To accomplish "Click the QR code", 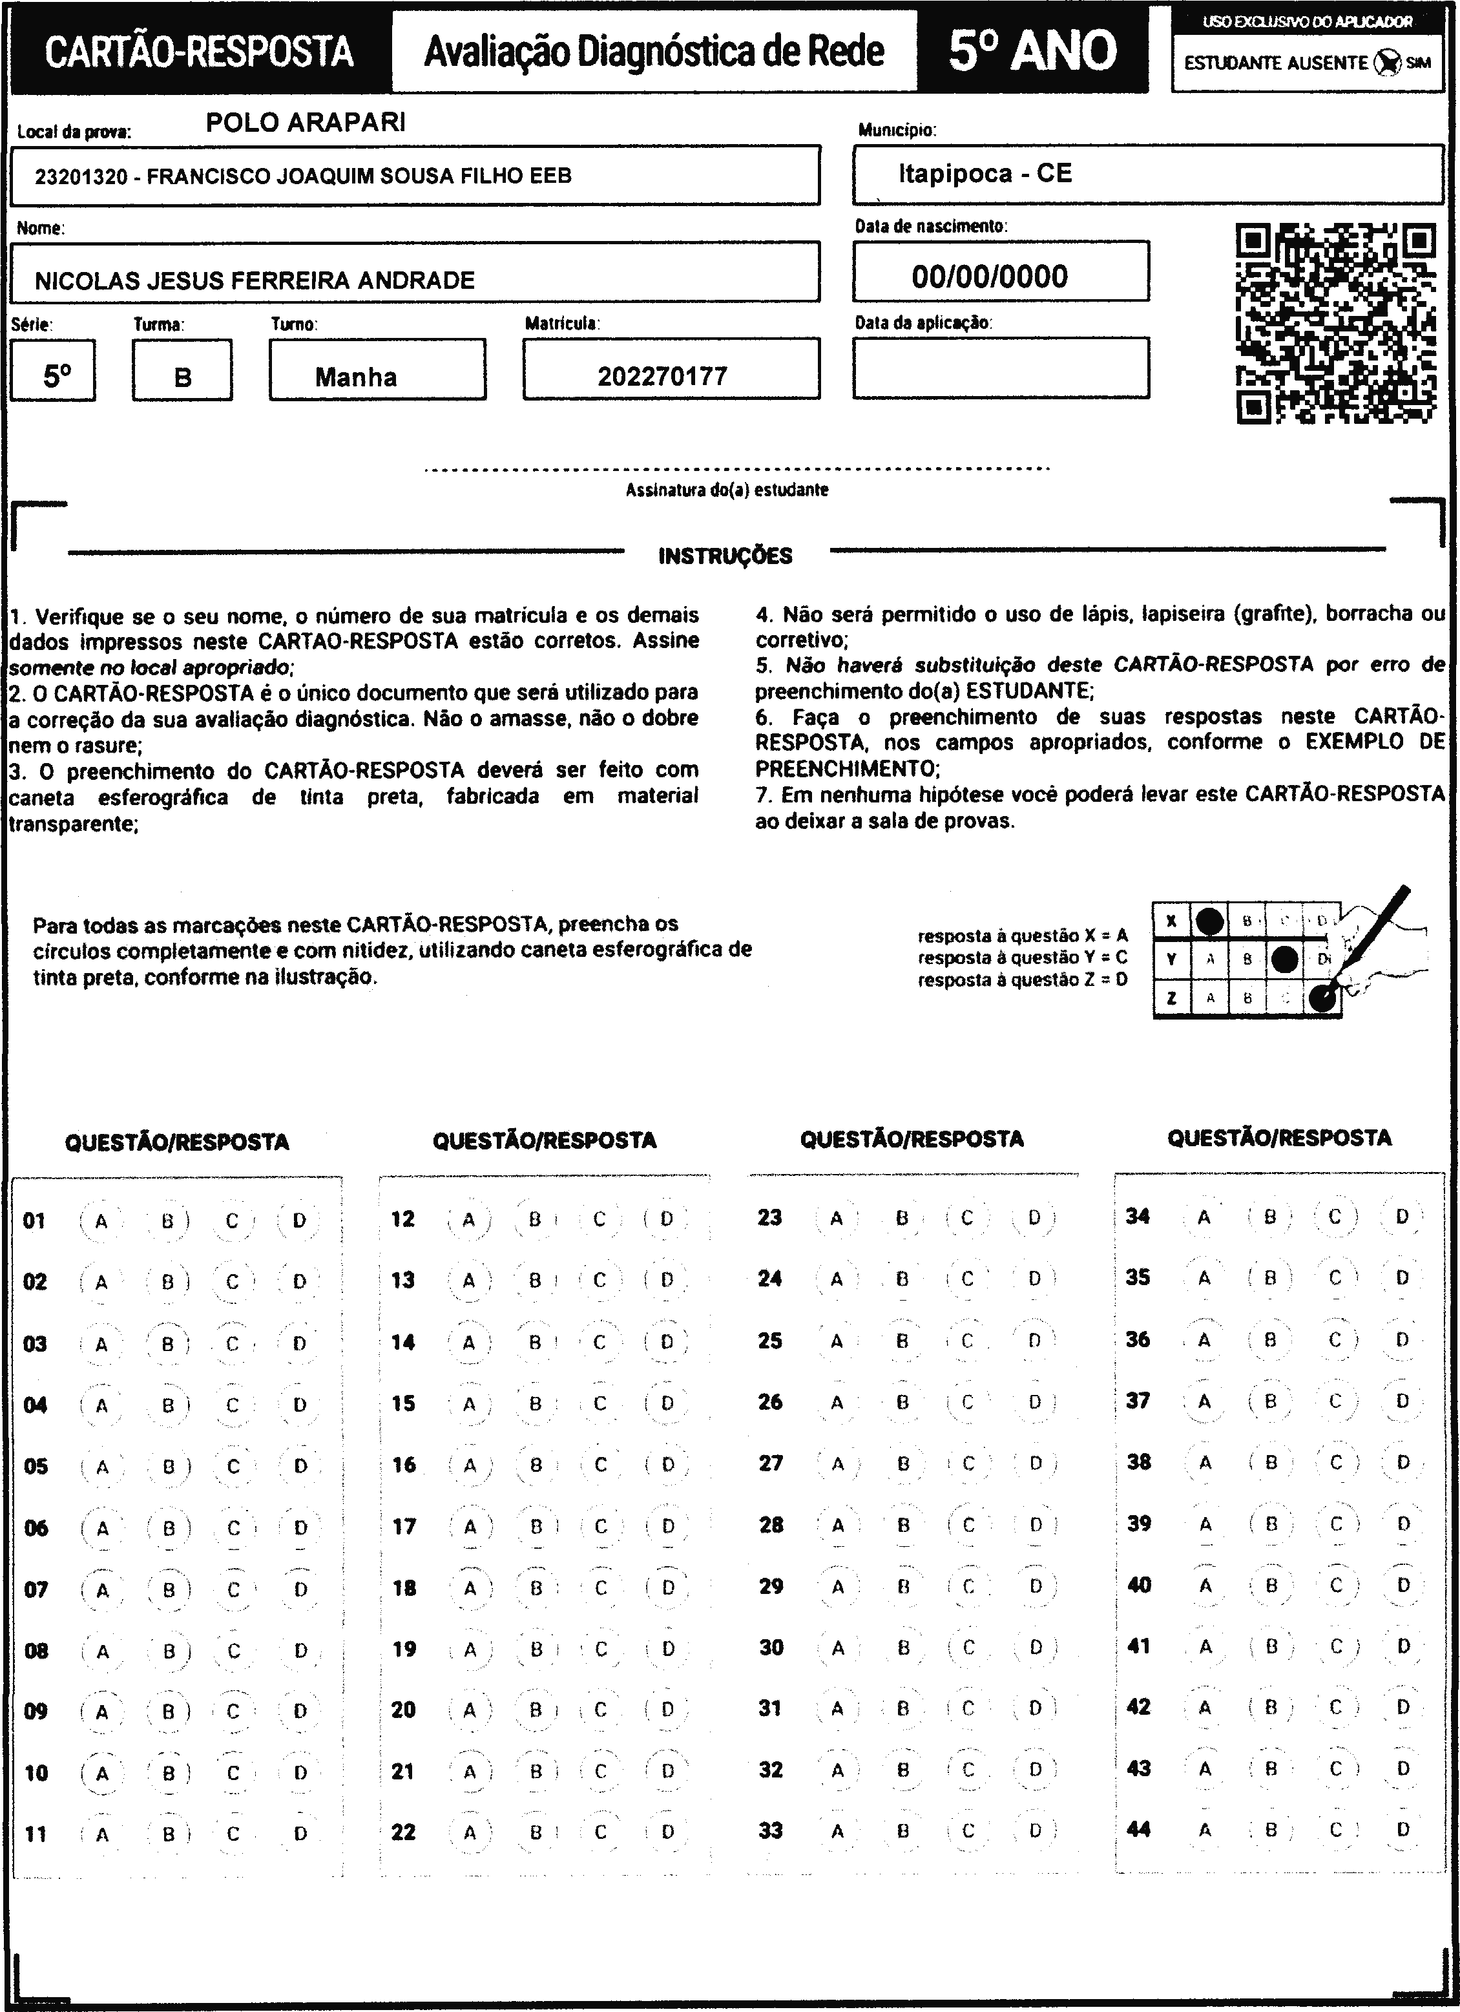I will click(1336, 324).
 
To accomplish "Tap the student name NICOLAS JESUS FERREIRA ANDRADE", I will click(255, 280).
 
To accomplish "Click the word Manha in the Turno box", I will click(356, 377).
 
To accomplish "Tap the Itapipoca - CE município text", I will click(985, 173).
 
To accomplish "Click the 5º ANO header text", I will click(1032, 50).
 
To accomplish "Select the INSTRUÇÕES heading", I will click(725, 556).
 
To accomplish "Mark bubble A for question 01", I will click(101, 1221).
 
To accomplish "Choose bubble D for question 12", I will click(667, 1219).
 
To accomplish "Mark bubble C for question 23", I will click(967, 1217).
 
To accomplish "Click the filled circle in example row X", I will click(1210, 921).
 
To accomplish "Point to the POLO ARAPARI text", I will click(306, 122).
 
